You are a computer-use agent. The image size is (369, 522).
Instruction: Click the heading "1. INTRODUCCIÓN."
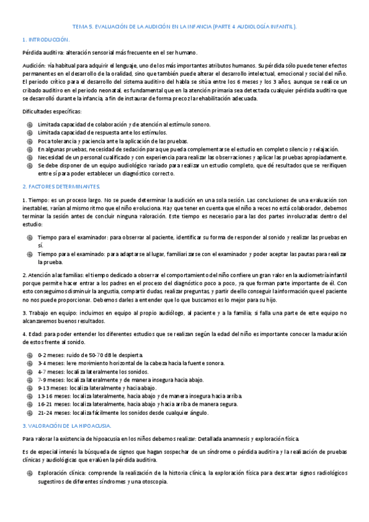[46, 39]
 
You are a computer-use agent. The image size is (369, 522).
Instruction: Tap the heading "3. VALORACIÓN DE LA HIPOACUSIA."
[66, 425]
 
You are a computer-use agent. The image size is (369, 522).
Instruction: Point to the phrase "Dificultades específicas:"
[52, 111]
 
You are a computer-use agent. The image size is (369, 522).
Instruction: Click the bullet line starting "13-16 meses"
[140, 396]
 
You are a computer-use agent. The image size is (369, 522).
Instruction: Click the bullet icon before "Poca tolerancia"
[29, 141]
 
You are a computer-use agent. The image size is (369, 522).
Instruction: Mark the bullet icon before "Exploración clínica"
[29, 473]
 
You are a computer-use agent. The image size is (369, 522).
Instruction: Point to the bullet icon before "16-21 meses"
[29, 404]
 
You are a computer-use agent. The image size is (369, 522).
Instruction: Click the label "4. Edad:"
[33, 334]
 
